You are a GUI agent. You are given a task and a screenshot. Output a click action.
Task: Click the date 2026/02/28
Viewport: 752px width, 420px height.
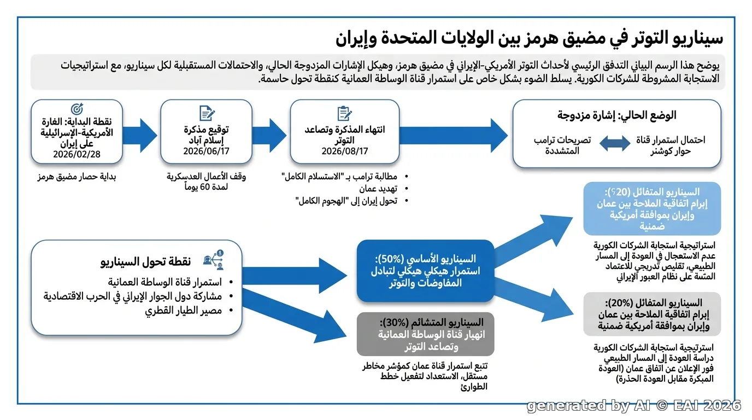point(77,154)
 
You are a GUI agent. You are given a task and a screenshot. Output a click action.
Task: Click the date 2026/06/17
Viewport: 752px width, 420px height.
point(206,151)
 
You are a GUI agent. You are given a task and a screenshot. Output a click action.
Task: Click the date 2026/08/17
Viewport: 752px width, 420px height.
point(345,151)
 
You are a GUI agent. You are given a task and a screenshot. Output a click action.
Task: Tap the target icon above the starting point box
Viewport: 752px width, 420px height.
point(77,109)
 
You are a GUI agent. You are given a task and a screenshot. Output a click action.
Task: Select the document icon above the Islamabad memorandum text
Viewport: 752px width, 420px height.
point(207,113)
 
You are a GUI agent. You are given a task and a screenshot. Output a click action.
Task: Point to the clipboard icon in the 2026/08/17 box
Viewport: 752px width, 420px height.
point(344,114)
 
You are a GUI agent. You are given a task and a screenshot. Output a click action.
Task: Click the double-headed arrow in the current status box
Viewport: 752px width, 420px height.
point(615,143)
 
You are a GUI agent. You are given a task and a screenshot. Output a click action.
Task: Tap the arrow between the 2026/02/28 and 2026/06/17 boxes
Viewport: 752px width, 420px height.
point(140,136)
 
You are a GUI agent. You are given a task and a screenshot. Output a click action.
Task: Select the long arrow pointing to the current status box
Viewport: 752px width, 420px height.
point(454,136)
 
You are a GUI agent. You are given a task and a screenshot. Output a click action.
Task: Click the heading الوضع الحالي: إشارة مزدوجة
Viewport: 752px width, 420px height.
point(616,115)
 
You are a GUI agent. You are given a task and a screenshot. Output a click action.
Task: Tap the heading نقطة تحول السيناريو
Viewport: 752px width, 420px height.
point(146,261)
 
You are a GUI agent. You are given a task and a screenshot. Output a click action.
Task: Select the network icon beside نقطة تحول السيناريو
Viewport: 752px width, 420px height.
point(214,260)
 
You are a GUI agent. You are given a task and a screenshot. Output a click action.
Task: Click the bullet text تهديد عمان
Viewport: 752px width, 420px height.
point(378,189)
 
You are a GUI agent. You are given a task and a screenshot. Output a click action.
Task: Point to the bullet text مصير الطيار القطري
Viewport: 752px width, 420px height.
point(183,311)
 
